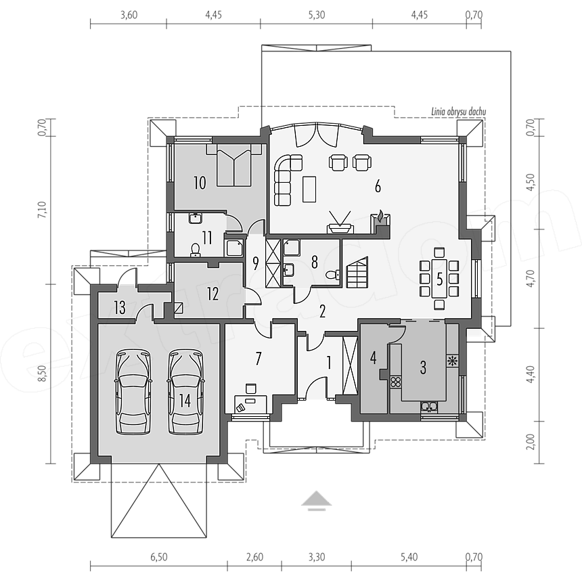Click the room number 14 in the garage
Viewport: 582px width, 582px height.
pyautogui.click(x=185, y=401)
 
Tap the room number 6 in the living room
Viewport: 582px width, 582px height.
pyautogui.click(x=378, y=186)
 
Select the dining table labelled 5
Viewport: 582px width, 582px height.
pyautogui.click(x=439, y=279)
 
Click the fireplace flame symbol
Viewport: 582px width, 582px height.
pyautogui.click(x=381, y=215)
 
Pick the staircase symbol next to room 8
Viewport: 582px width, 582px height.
pyautogui.click(x=357, y=272)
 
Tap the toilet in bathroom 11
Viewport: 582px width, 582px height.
pyautogui.click(x=195, y=250)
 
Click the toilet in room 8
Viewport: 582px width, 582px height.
pyautogui.click(x=332, y=275)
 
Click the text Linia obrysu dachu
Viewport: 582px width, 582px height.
pyautogui.click(x=458, y=112)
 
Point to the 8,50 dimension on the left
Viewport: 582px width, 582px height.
pyautogui.click(x=43, y=374)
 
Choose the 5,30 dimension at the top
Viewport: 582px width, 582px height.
pyautogui.click(x=316, y=15)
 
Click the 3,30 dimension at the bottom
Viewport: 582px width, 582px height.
pyautogui.click(x=316, y=557)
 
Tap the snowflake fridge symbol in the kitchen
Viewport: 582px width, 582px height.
pyautogui.click(x=453, y=361)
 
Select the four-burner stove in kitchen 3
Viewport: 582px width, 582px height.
pyautogui.click(x=396, y=382)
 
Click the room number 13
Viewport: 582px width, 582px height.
pyautogui.click(x=120, y=308)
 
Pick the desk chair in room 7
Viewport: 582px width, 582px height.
pyautogui.click(x=250, y=388)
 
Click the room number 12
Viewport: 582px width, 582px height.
pyautogui.click(x=212, y=294)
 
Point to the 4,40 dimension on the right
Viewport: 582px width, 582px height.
pyautogui.click(x=531, y=374)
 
